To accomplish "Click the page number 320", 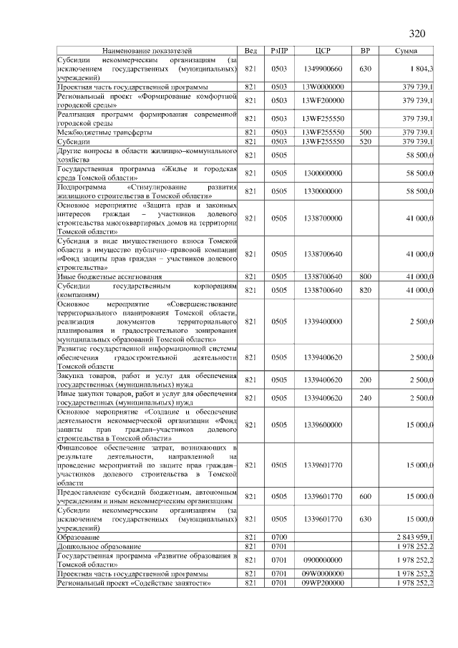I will point(416,34).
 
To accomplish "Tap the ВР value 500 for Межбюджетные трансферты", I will point(365,132).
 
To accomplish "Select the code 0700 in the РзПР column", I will point(279,537).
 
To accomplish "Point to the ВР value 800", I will point(365,276).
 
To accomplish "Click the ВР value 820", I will point(365,289).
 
